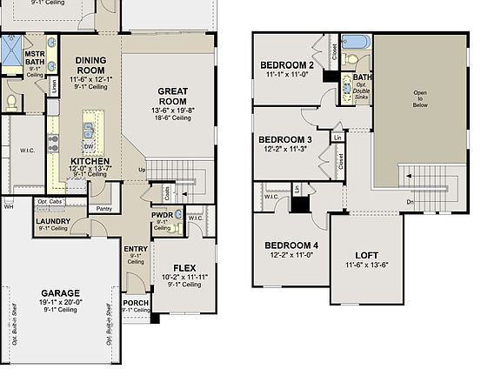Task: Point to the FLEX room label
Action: click(x=183, y=267)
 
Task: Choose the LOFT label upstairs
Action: click(x=366, y=254)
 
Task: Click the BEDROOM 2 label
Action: click(x=287, y=65)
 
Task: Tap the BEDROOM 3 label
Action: click(x=285, y=140)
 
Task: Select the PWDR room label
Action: click(x=162, y=214)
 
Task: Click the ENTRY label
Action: click(x=136, y=249)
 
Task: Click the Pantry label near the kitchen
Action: click(x=104, y=209)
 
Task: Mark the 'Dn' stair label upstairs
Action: click(x=411, y=203)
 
